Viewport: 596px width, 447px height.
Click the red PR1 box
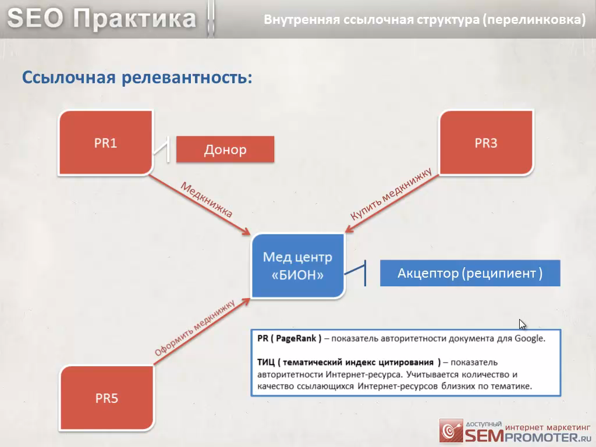pyautogui.click(x=105, y=143)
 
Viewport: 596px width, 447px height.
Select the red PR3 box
pyautogui.click(x=486, y=143)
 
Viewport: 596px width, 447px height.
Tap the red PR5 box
pyautogui.click(x=107, y=398)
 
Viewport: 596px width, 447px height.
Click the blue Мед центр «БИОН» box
pyautogui.click(x=297, y=265)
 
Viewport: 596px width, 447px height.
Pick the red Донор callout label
pyautogui.click(x=225, y=150)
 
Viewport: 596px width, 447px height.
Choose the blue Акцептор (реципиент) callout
pyautogui.click(x=470, y=273)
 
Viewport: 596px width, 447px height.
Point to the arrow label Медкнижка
pyautogui.click(x=207, y=200)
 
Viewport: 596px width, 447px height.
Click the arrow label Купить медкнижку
pyautogui.click(x=391, y=194)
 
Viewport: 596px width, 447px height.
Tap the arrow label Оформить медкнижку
pyautogui.click(x=194, y=328)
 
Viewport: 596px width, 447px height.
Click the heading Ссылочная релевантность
pyautogui.click(x=137, y=77)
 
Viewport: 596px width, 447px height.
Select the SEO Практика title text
pyautogui.click(x=102, y=18)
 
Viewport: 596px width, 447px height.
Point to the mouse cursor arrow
pyautogui.click(x=522, y=324)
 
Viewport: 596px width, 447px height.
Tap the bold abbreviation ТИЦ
pyautogui.click(x=265, y=362)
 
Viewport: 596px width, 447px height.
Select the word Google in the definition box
pyautogui.click(x=530, y=338)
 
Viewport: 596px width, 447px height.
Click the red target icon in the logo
pyautogui.click(x=451, y=431)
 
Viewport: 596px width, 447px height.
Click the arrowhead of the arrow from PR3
pyautogui.click(x=348, y=229)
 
